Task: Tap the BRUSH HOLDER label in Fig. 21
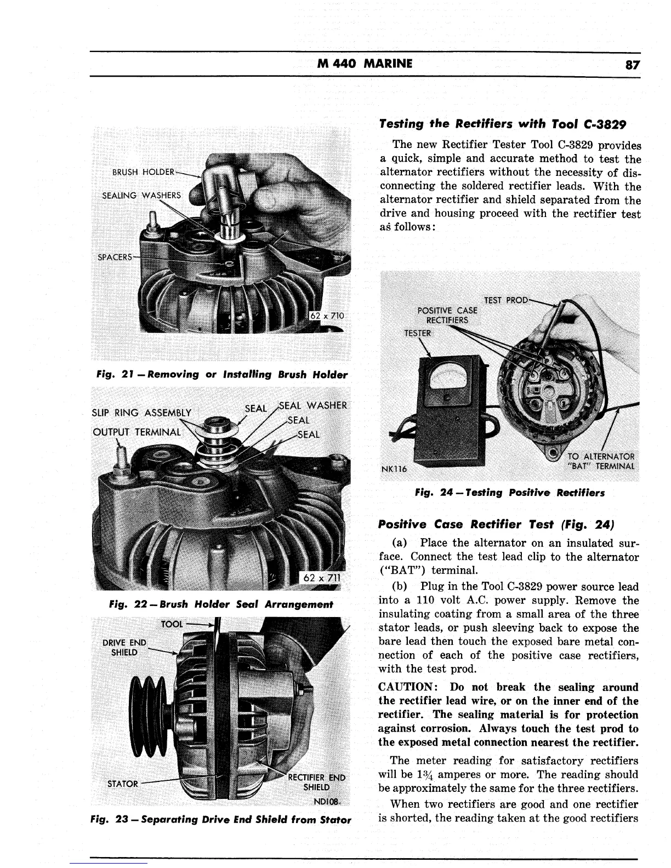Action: pyautogui.click(x=143, y=171)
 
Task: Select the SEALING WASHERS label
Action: pyautogui.click(x=141, y=196)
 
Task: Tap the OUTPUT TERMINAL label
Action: pyautogui.click(x=137, y=431)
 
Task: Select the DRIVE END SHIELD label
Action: pyautogui.click(x=126, y=647)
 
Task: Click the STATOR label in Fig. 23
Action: pyautogui.click(x=123, y=784)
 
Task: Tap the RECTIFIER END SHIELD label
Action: pyautogui.click(x=317, y=783)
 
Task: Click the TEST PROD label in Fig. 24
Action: pyautogui.click(x=505, y=300)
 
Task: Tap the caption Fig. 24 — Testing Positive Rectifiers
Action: pyautogui.click(x=510, y=493)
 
